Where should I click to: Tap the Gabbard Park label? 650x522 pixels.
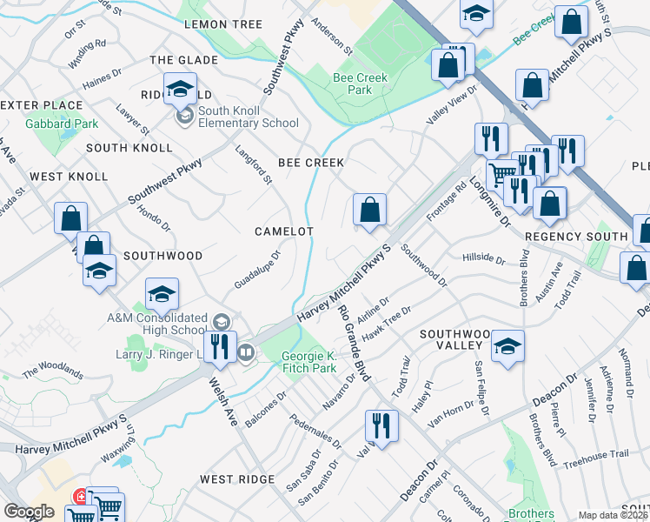[62, 124]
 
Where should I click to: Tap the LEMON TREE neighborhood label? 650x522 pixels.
[223, 24]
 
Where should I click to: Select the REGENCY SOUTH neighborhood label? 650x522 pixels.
[576, 237]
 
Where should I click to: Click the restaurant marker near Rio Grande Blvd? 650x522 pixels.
[381, 425]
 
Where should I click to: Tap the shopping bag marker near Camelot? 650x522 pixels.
[369, 210]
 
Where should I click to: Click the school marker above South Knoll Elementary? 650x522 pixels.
[180, 89]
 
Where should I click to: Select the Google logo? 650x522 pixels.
[30, 512]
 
